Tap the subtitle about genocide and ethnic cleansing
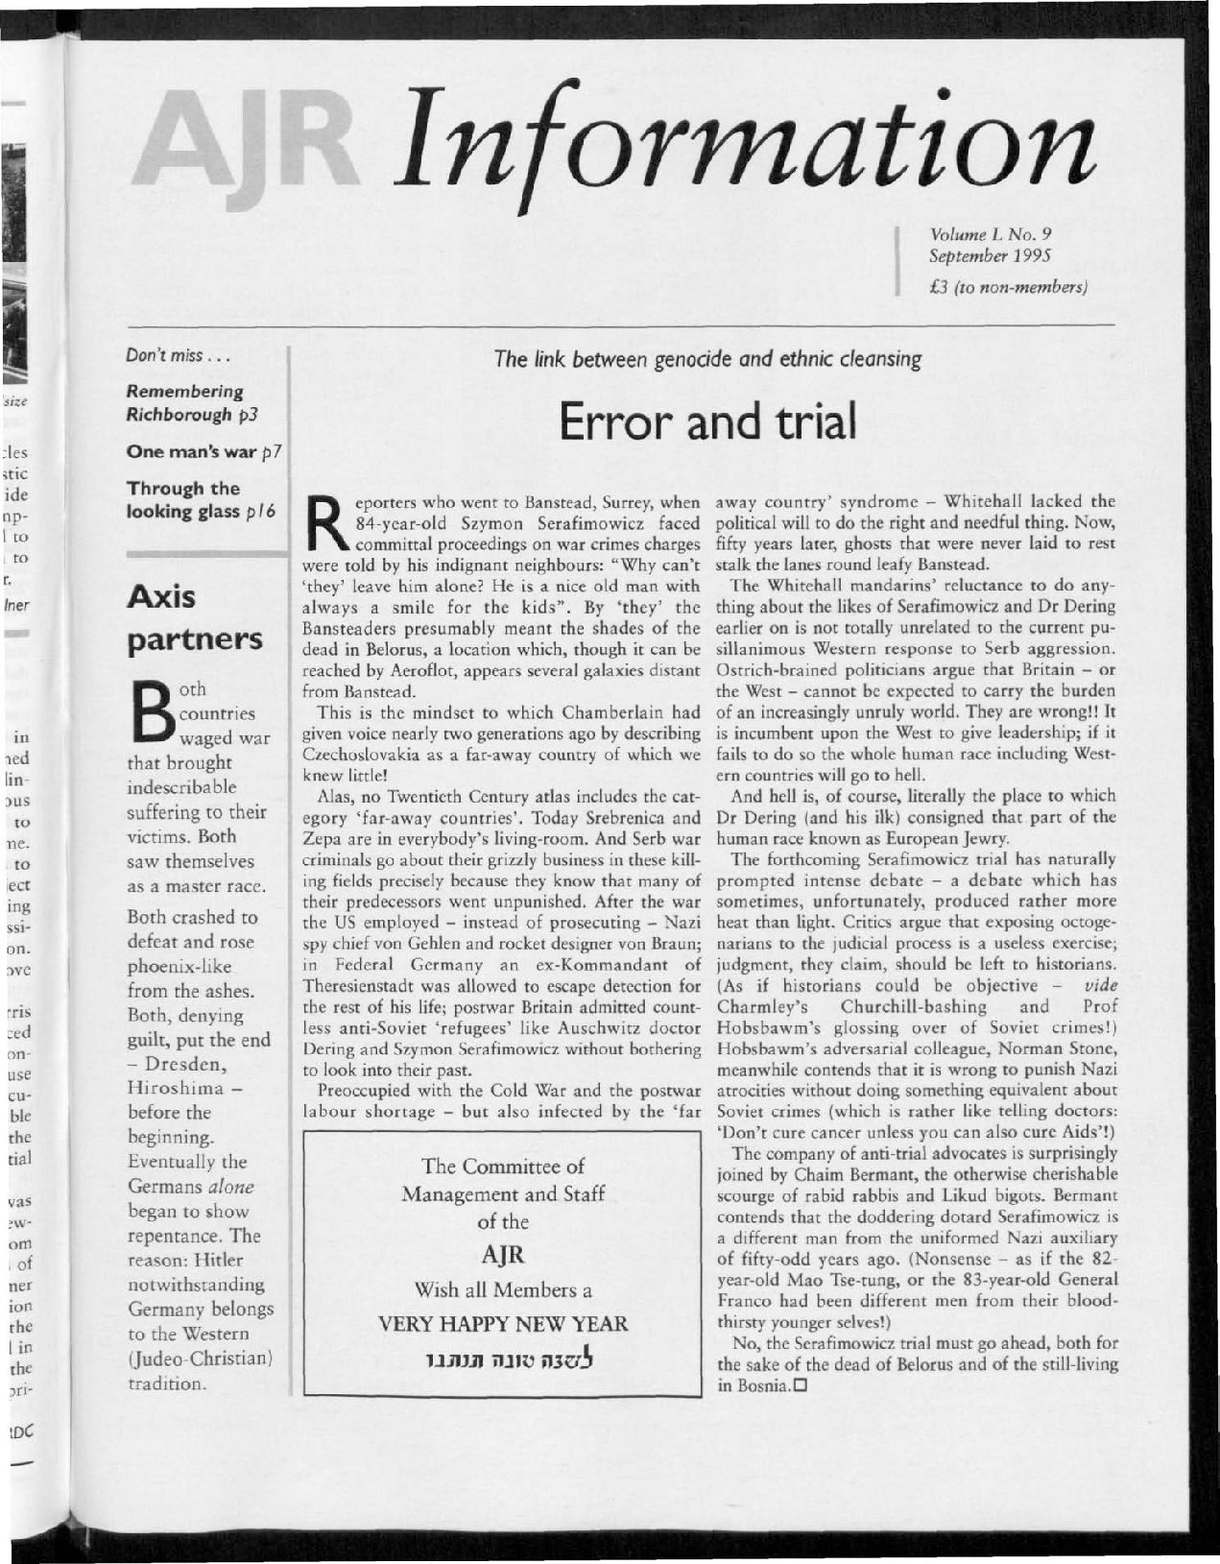(707, 360)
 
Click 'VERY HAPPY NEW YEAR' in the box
(503, 1324)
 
